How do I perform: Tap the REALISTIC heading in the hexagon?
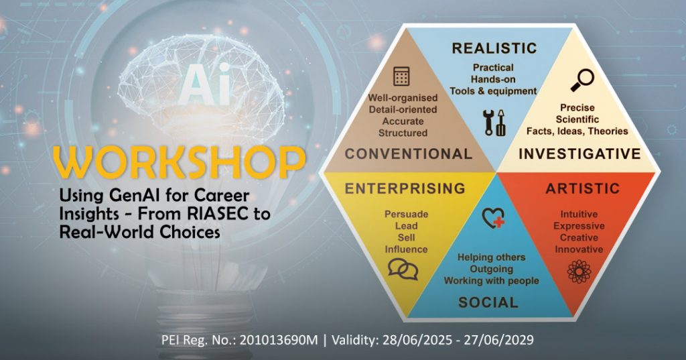pos(494,48)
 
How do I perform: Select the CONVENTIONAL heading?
pos(409,154)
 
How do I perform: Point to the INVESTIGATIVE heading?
pos(579,154)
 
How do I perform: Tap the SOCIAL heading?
pos(488,302)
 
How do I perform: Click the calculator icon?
pos(402,76)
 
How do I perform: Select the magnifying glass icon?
pos(581,80)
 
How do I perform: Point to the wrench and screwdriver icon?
pos(494,122)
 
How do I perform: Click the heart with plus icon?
pos(493,219)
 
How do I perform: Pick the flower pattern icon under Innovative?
pos(578,272)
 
